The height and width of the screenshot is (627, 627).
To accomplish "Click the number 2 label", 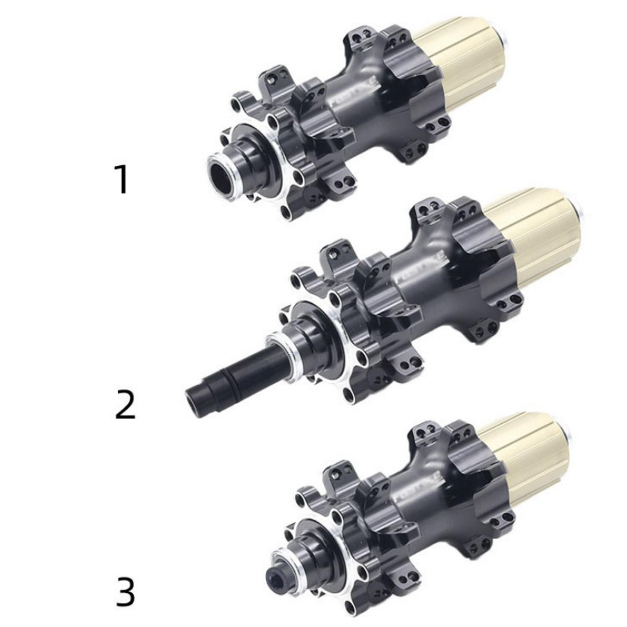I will pyautogui.click(x=125, y=404).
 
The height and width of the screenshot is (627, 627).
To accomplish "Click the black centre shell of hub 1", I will pyautogui.click(x=368, y=114).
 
